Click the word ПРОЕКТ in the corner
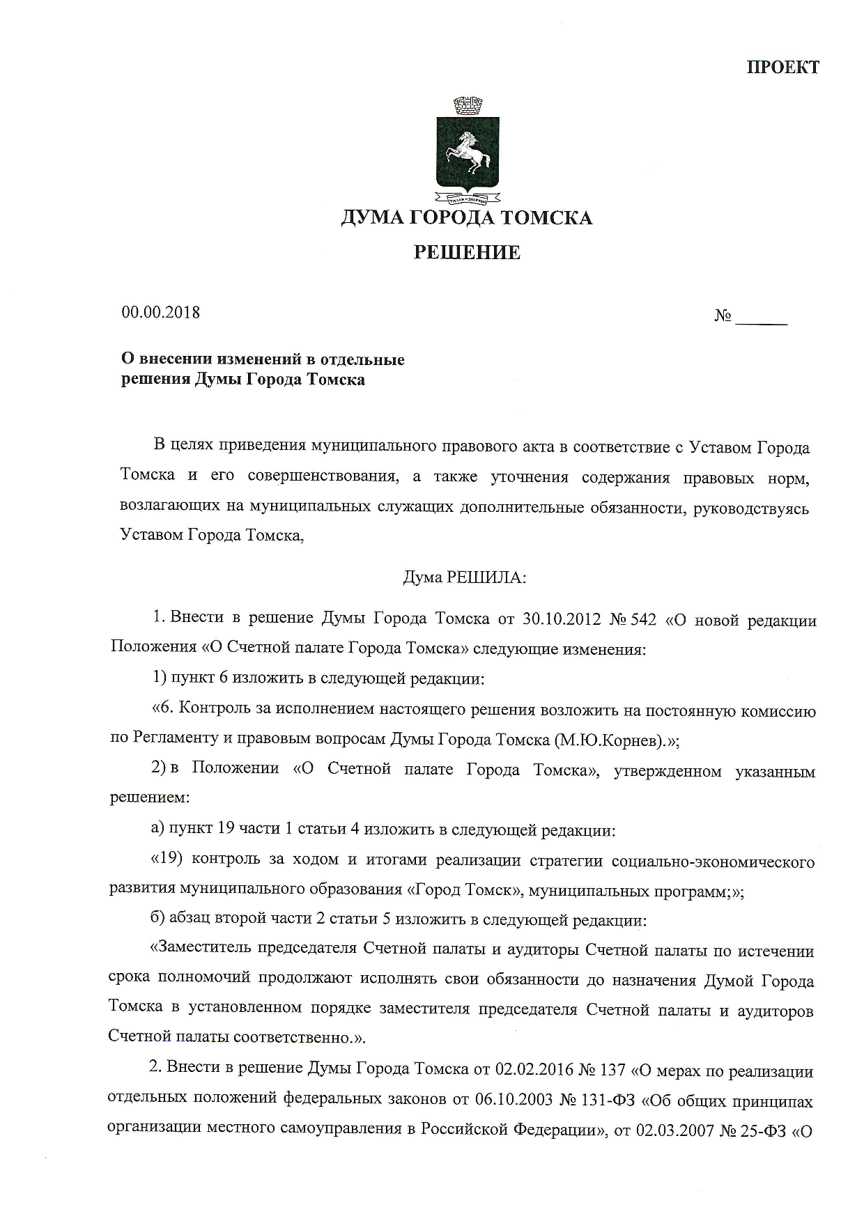tap(782, 68)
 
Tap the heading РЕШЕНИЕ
tap(467, 252)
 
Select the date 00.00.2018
tap(161, 313)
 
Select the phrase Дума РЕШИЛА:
tap(465, 577)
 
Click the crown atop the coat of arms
tap(468, 107)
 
